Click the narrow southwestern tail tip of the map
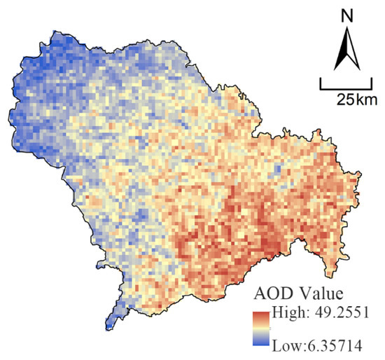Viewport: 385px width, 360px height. tap(111, 326)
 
